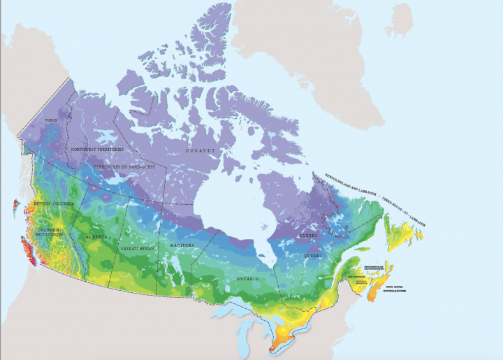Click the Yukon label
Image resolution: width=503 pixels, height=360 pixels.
click(50, 120)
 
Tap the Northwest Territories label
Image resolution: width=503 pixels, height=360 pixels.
click(97, 150)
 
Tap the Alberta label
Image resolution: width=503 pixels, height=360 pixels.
click(96, 237)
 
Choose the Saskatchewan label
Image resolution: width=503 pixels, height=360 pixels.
click(137, 248)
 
